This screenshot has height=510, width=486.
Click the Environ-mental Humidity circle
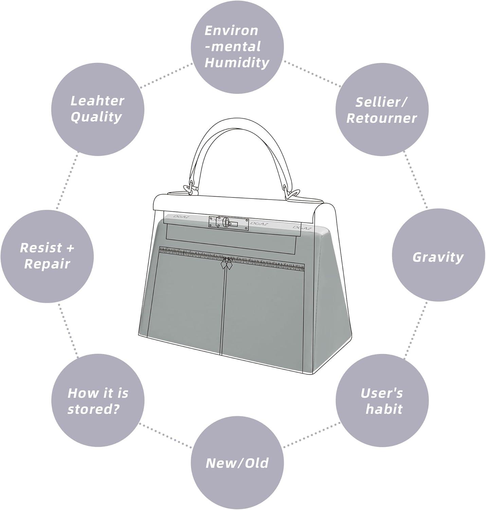pos(237,47)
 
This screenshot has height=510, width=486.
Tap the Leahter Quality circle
pos(98,109)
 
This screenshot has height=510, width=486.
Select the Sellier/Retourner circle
pos(382,109)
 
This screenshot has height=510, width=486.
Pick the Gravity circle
pos(438,257)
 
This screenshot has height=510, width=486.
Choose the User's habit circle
pos(382,400)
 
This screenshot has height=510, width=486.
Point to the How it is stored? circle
pos(98,400)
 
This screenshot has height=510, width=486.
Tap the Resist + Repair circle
pos(47,256)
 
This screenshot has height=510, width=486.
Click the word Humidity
pos(237,63)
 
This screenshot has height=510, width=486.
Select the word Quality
pos(96,117)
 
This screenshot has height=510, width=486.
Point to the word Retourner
pos(381,118)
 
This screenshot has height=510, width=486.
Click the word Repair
pos(47,265)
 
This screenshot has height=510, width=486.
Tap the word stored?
pos(94,409)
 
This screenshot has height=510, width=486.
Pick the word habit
pos(384,409)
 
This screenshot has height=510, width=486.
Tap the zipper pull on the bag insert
pos(226,263)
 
